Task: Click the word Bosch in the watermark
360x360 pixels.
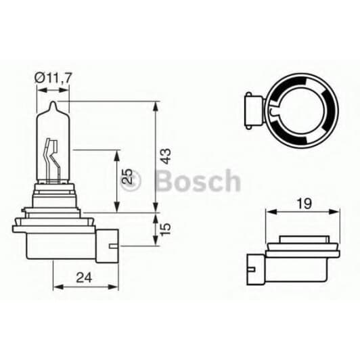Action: [197, 181]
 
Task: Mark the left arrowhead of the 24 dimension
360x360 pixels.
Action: [56, 287]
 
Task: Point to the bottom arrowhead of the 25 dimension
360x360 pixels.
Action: [118, 208]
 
